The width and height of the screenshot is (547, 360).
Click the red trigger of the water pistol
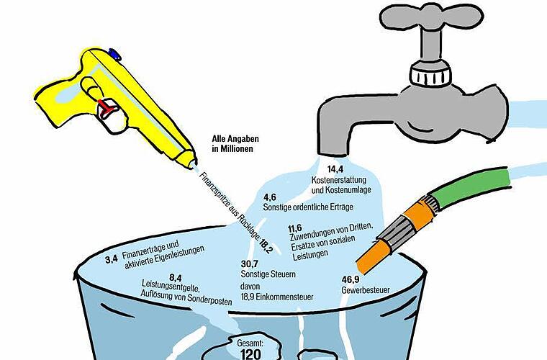pyautogui.click(x=107, y=108)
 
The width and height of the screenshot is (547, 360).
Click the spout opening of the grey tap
pyautogui.click(x=334, y=153)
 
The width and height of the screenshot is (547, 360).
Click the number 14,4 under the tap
pyautogui.click(x=335, y=169)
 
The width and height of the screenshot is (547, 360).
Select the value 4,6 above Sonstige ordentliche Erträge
pyautogui.click(x=270, y=197)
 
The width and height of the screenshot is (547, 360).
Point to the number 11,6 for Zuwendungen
pyautogui.click(x=295, y=228)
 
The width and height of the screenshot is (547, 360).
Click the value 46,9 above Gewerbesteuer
pyautogui.click(x=351, y=280)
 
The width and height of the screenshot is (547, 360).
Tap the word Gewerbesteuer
pyautogui.click(x=366, y=290)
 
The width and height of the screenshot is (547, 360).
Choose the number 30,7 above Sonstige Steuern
pyautogui.click(x=250, y=264)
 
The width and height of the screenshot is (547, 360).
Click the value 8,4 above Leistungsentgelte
pyautogui.click(x=176, y=278)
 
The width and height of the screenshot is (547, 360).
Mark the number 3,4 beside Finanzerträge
pyautogui.click(x=112, y=259)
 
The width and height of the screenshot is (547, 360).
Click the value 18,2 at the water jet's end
pyautogui.click(x=266, y=246)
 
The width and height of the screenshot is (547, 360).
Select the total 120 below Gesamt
pyautogui.click(x=250, y=354)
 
